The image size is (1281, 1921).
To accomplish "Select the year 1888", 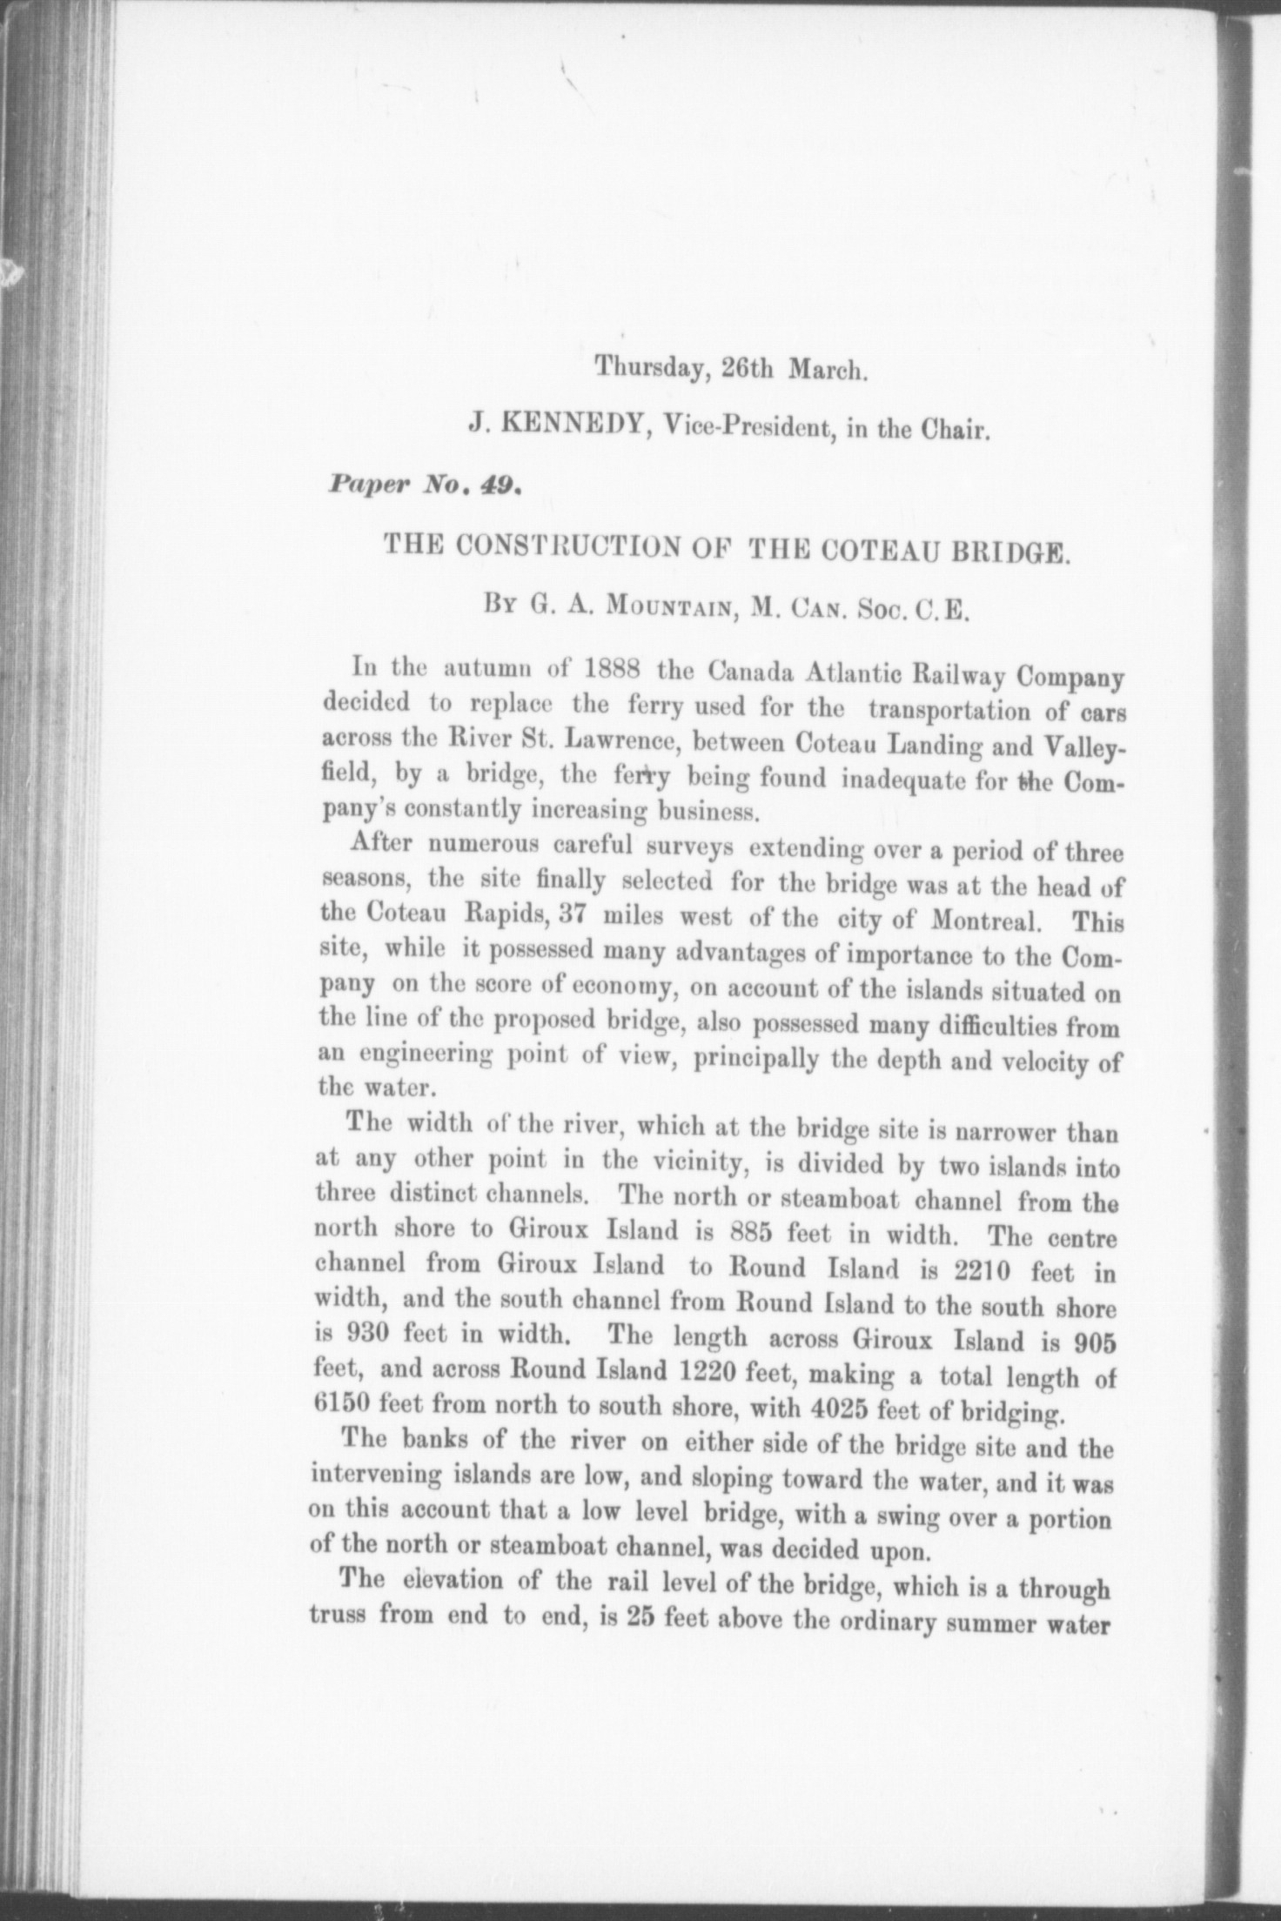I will (x=610, y=673).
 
